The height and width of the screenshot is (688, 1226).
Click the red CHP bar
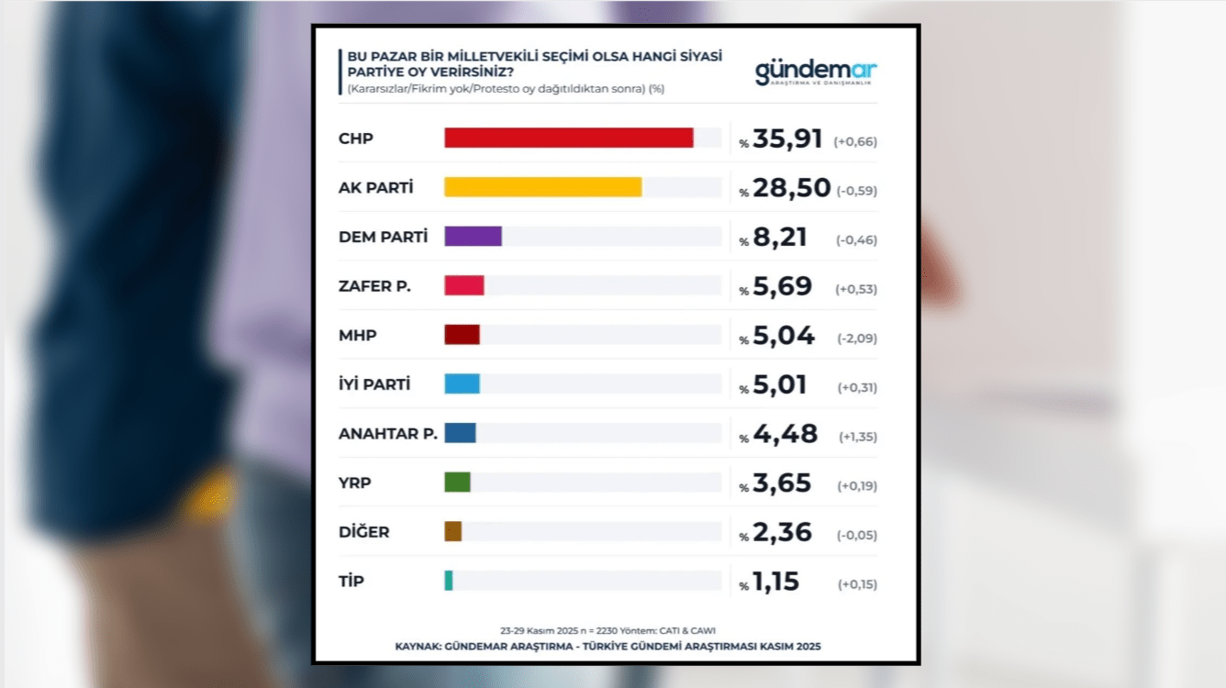tap(568, 138)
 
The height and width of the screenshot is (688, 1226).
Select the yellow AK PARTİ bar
tap(542, 187)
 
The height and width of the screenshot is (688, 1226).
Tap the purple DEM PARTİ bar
tap(473, 236)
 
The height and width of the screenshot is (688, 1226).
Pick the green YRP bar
tap(457, 482)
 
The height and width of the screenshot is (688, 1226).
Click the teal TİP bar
tap(449, 580)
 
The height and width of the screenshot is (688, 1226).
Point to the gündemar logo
tap(816, 72)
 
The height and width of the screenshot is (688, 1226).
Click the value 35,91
tap(787, 139)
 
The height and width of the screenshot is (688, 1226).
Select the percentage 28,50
tap(791, 188)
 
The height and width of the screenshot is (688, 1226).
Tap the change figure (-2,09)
tap(857, 338)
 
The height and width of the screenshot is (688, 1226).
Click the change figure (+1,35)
tap(858, 437)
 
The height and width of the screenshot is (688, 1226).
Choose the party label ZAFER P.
tap(374, 286)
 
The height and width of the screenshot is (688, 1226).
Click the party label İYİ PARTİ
tap(374, 384)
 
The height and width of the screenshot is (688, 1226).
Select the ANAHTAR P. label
tap(387, 433)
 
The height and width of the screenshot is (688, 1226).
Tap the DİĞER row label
tap(364, 532)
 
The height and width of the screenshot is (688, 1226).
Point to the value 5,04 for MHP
tap(783, 336)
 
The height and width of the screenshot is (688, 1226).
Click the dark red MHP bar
tap(462, 335)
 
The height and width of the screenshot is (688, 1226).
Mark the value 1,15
tap(775, 582)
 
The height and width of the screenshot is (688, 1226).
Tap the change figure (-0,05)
tap(857, 535)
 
